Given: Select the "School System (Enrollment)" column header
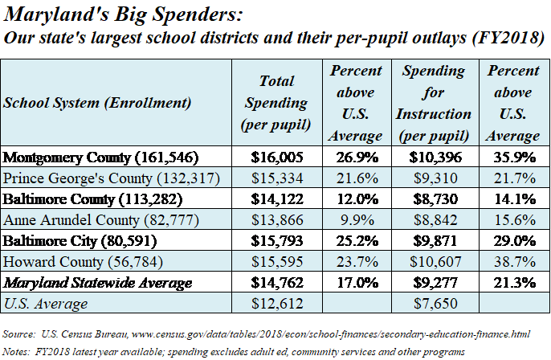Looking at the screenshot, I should click(97, 103).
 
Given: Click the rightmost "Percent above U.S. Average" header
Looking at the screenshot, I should click(513, 103).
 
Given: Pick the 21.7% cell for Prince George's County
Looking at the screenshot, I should click(513, 177).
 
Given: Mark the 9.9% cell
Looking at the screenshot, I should click(356, 219).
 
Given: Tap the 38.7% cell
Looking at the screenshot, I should click(513, 261).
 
